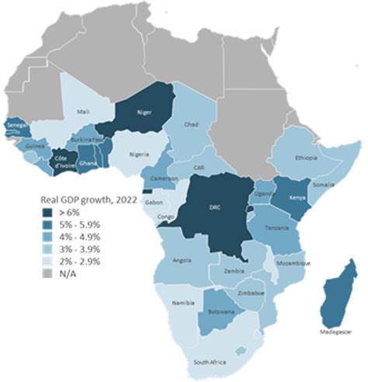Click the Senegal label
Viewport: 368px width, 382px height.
(14, 124)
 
